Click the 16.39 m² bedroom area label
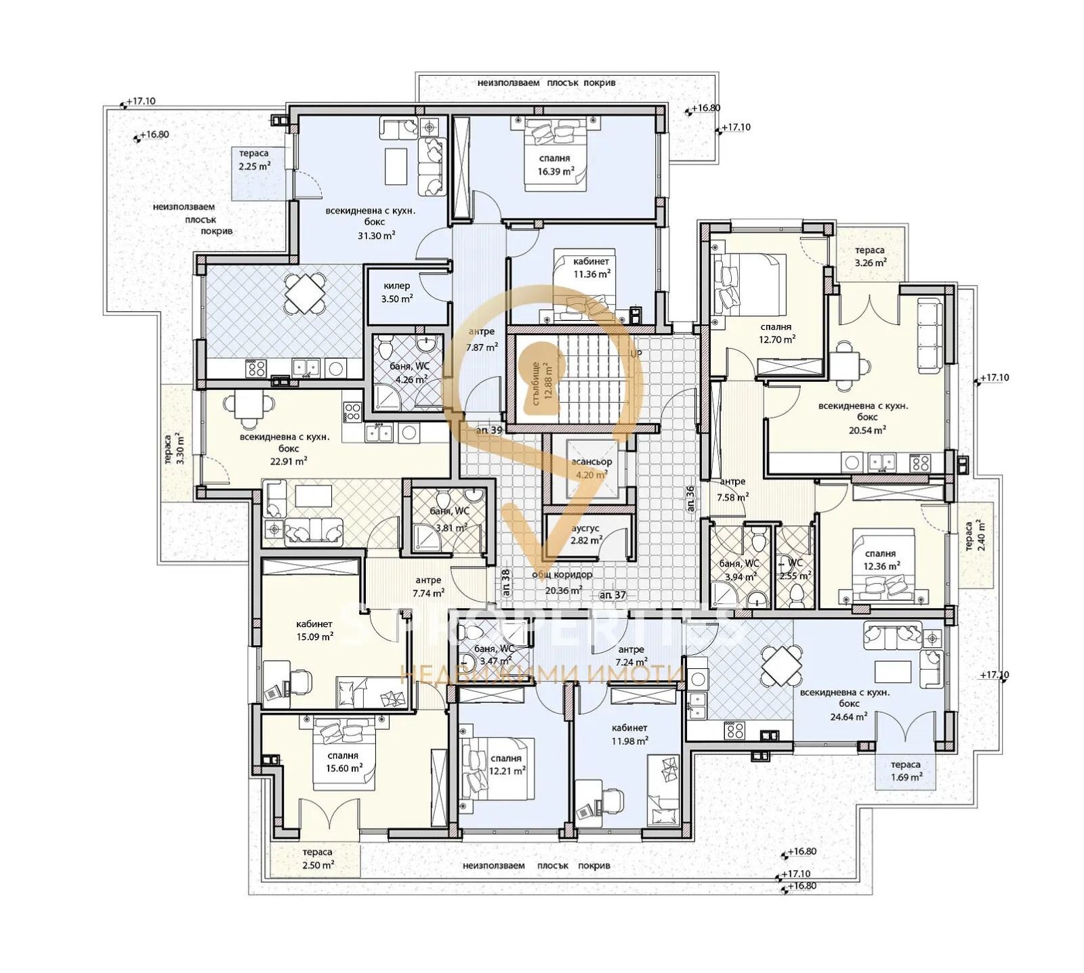pos(555,165)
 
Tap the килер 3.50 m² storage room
pos(397,293)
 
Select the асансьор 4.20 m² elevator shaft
pos(591,468)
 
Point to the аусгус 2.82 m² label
pos(586,534)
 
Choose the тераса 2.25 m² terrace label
pos(254,160)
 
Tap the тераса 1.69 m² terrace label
pos(905,771)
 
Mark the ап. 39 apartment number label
pos(488,431)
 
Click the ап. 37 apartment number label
pos(612,595)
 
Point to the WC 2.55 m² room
pos(794,569)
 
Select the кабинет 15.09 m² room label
pos(314,630)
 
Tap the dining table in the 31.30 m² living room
pos(305,293)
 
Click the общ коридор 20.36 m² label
pos(562,582)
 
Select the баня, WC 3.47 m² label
pos(495,655)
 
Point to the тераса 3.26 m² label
pos(870,257)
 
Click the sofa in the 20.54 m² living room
pos(929,335)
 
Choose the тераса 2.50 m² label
pos(317,859)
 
